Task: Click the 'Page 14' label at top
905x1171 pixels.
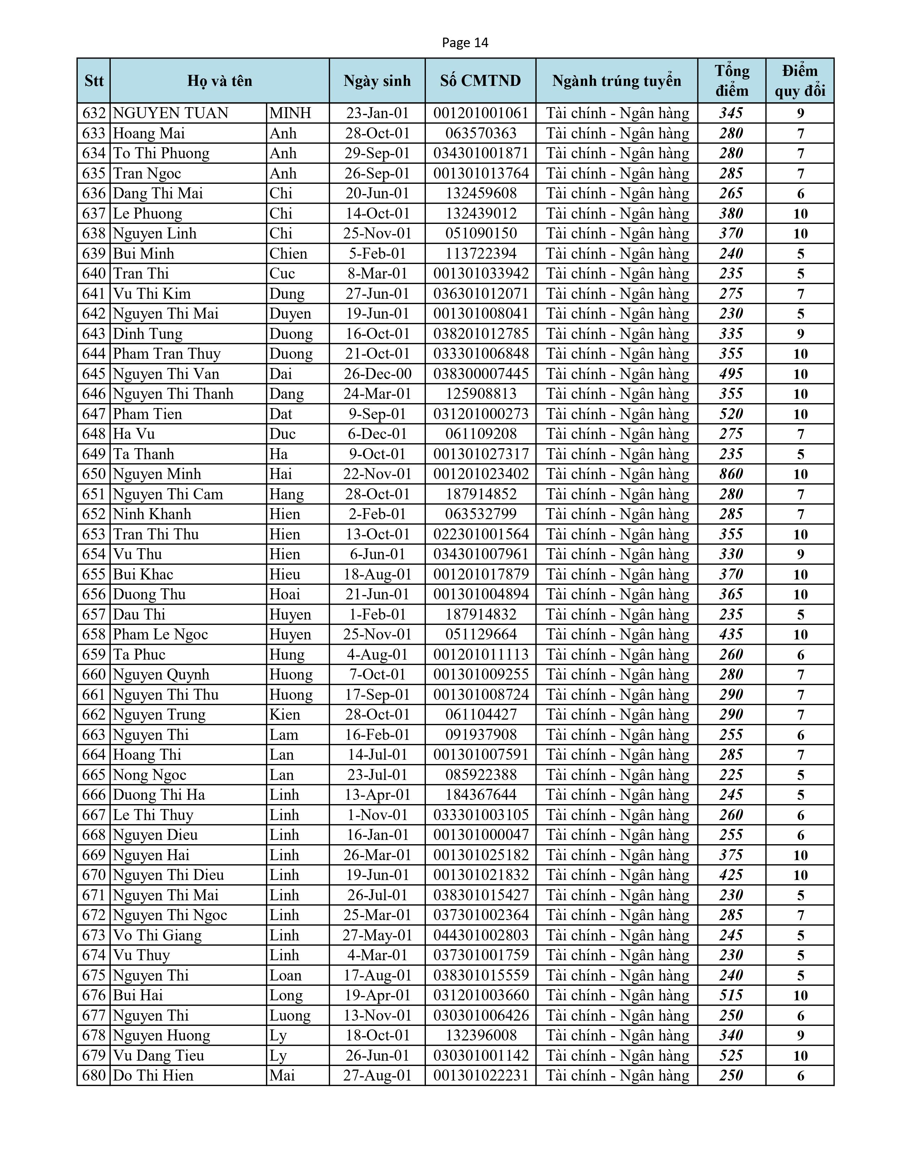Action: [465, 43]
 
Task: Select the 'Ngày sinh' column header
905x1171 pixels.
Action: [377, 81]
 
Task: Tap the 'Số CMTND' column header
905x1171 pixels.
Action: [481, 81]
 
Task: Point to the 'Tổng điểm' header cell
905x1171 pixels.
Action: [731, 81]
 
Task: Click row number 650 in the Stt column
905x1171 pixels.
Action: [94, 474]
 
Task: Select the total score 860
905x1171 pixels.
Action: [731, 474]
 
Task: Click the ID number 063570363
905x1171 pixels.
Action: [481, 133]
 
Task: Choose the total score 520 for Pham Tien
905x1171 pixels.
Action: [731, 414]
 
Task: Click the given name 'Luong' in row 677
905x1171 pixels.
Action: [290, 1016]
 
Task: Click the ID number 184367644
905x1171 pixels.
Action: [481, 795]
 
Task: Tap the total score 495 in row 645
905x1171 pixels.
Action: [731, 374]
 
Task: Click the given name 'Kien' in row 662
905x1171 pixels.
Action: [285, 715]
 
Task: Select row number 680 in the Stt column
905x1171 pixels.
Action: [94, 1075]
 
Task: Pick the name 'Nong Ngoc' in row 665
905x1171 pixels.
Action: [149, 775]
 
